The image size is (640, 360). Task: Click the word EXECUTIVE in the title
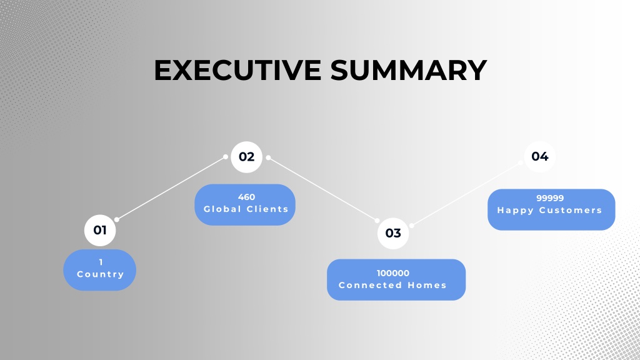point(237,70)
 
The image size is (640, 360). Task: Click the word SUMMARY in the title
point(409,70)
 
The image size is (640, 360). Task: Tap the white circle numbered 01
point(100,230)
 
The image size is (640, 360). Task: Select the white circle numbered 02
point(246,157)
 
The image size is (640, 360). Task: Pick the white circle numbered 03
point(393,233)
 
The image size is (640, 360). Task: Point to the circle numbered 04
point(539,156)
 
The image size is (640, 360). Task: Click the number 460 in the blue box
point(246,197)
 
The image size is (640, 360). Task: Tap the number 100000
point(393,273)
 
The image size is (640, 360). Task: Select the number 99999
point(550,198)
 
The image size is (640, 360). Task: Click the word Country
point(101,274)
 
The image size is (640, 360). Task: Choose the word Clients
point(267,209)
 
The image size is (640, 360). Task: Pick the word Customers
point(571,210)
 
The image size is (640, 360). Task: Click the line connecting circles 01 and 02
point(171,188)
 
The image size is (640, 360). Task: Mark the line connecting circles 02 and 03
point(322,189)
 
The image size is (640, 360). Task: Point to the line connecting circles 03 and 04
point(466,194)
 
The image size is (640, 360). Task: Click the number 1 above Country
point(101,262)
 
